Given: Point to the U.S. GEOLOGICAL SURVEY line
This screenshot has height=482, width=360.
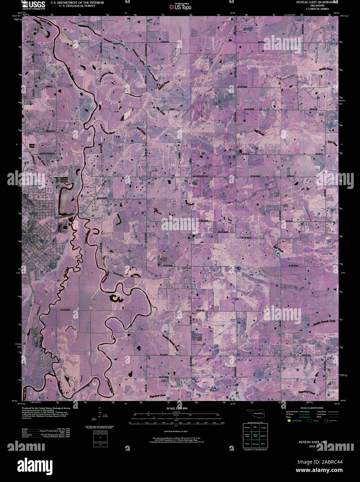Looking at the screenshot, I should click(72, 6).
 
